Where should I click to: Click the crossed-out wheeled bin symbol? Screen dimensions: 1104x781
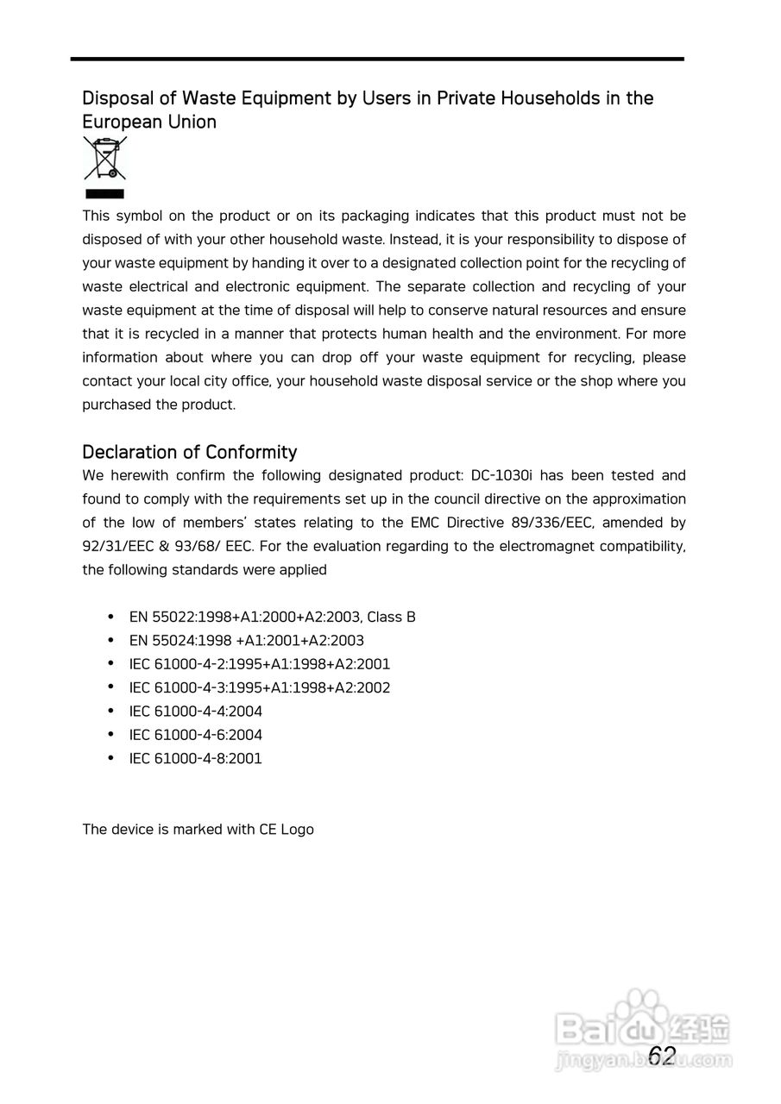tap(104, 158)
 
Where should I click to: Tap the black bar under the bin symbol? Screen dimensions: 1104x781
tap(104, 194)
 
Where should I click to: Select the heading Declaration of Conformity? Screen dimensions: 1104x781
tap(189, 452)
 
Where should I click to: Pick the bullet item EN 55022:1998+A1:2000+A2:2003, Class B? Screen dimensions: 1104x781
tap(272, 617)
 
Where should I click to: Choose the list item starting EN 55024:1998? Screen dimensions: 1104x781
tap(246, 641)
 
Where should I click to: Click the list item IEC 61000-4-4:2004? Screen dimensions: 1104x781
tap(195, 712)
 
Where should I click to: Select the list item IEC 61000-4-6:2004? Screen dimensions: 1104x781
tap(195, 735)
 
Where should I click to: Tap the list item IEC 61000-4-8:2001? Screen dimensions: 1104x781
tap(195, 759)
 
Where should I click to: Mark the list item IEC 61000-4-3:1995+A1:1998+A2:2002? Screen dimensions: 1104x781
tap(259, 688)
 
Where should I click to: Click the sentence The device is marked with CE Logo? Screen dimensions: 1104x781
tap(198, 830)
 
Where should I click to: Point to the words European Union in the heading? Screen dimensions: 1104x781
tap(148, 122)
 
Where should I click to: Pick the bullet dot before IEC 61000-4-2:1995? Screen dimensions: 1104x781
tap(110, 664)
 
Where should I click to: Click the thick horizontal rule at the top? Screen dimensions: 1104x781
tap(377, 59)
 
